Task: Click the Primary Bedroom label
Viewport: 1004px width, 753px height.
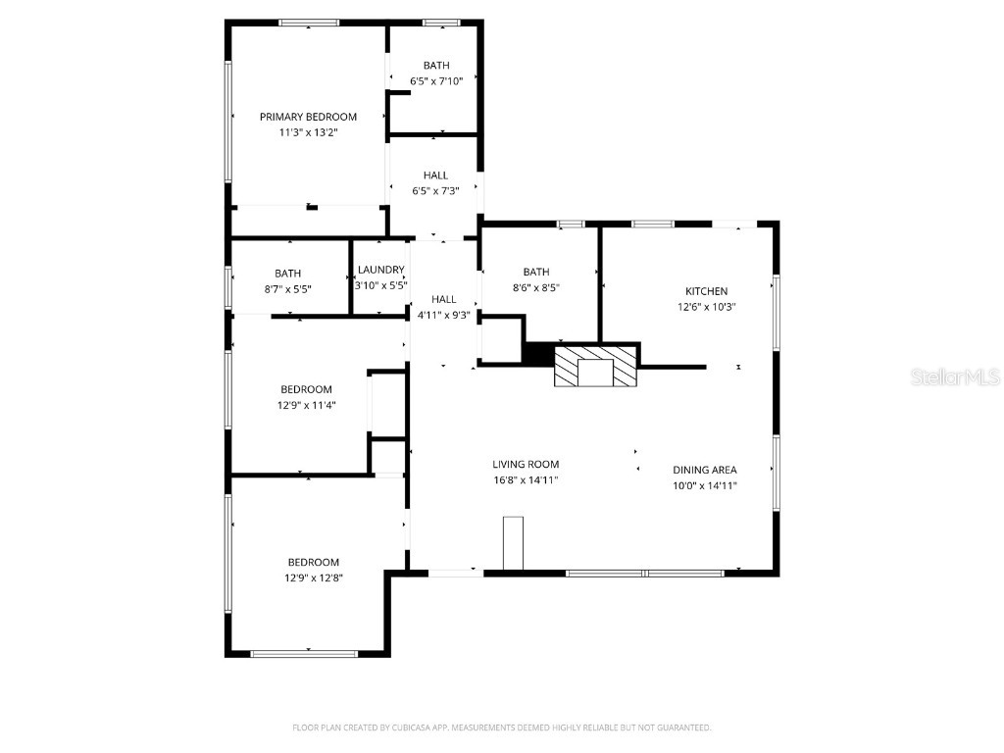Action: (308, 117)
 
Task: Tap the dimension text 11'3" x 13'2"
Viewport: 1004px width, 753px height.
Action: (308, 132)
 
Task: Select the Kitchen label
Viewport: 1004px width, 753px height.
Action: (706, 291)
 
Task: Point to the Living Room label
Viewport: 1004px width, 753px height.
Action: (526, 465)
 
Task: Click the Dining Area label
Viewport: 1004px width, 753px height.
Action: (704, 470)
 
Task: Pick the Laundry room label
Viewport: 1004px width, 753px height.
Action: (380, 271)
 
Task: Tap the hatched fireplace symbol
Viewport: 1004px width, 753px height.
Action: (596, 366)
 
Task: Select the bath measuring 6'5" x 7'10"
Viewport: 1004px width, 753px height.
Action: (435, 74)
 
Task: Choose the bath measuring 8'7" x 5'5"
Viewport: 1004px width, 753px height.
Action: (288, 281)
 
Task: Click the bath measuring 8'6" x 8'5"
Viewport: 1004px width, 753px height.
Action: (536, 279)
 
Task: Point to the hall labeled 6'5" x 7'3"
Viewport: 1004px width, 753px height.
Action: (435, 183)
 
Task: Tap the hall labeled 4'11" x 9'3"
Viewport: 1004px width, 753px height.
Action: (443, 307)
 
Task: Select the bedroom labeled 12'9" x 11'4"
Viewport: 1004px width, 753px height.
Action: (306, 396)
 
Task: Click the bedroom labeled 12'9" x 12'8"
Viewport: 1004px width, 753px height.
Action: (314, 570)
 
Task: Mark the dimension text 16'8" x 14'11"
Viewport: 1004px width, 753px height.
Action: (526, 480)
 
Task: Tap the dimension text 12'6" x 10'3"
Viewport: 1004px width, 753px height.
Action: (706, 307)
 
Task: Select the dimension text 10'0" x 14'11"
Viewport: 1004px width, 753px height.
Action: (704, 485)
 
